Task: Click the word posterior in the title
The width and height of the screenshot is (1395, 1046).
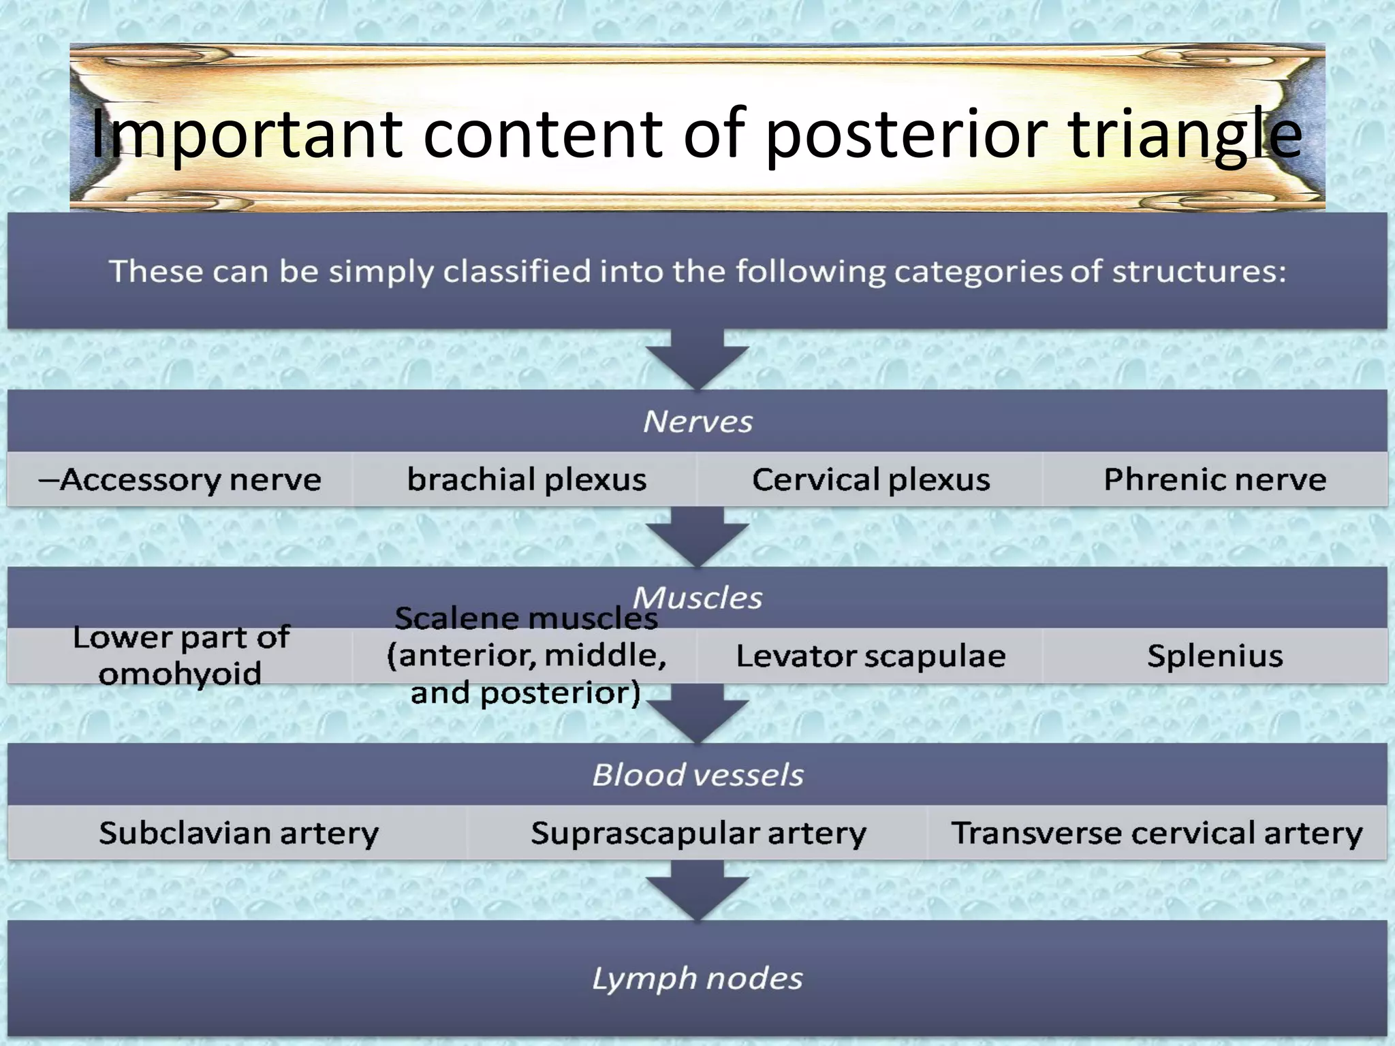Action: (x=906, y=135)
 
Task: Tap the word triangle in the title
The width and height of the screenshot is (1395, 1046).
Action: (x=1185, y=135)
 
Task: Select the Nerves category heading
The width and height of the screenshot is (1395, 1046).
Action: (x=697, y=422)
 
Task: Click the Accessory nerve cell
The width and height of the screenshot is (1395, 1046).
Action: (x=180, y=479)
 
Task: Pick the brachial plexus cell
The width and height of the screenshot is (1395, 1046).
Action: (x=526, y=479)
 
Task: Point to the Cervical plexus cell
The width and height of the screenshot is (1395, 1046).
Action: (x=871, y=479)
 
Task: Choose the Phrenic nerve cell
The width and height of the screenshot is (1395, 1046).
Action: (x=1214, y=479)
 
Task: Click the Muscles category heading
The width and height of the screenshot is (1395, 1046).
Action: (x=697, y=598)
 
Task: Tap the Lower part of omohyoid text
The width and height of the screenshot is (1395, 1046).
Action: (x=181, y=655)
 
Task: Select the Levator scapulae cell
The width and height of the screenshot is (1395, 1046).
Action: (x=871, y=656)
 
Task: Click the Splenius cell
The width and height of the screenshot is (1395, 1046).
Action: (x=1214, y=656)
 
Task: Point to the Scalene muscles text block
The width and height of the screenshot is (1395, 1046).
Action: (x=526, y=655)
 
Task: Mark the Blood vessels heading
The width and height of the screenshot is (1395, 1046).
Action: (x=697, y=775)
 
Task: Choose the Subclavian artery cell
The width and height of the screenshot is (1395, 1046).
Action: (x=238, y=833)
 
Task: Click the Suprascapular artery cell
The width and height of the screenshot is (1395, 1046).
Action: (x=698, y=833)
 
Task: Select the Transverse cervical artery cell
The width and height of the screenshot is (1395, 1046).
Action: (x=1157, y=833)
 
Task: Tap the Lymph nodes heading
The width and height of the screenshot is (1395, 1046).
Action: (x=697, y=979)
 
